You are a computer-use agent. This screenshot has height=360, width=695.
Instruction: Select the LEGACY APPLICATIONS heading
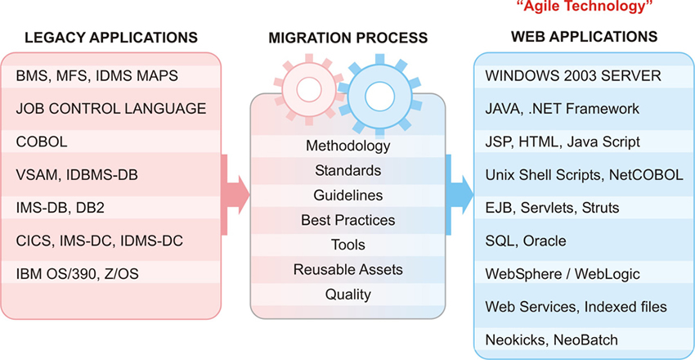(111, 37)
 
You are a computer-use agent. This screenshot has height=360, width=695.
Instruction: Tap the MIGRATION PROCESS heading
(347, 38)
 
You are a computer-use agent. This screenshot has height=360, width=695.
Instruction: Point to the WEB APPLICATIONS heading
(584, 37)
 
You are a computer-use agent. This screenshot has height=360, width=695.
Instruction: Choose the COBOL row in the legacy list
(42, 142)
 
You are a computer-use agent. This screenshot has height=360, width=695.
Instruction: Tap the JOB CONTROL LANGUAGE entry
(111, 108)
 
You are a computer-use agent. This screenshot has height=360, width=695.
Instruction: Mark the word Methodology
(347, 146)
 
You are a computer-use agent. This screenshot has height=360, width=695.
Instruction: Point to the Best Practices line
(347, 220)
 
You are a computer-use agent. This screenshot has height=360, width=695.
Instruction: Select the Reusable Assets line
(347, 269)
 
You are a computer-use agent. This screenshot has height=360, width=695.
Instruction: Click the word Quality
(347, 294)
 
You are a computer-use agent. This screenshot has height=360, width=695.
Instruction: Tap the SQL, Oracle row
(526, 241)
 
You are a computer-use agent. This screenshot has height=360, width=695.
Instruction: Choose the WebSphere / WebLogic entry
(563, 274)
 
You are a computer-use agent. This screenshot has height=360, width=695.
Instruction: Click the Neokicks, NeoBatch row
(552, 340)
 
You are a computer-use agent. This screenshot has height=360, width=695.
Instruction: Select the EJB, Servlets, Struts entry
(553, 208)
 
